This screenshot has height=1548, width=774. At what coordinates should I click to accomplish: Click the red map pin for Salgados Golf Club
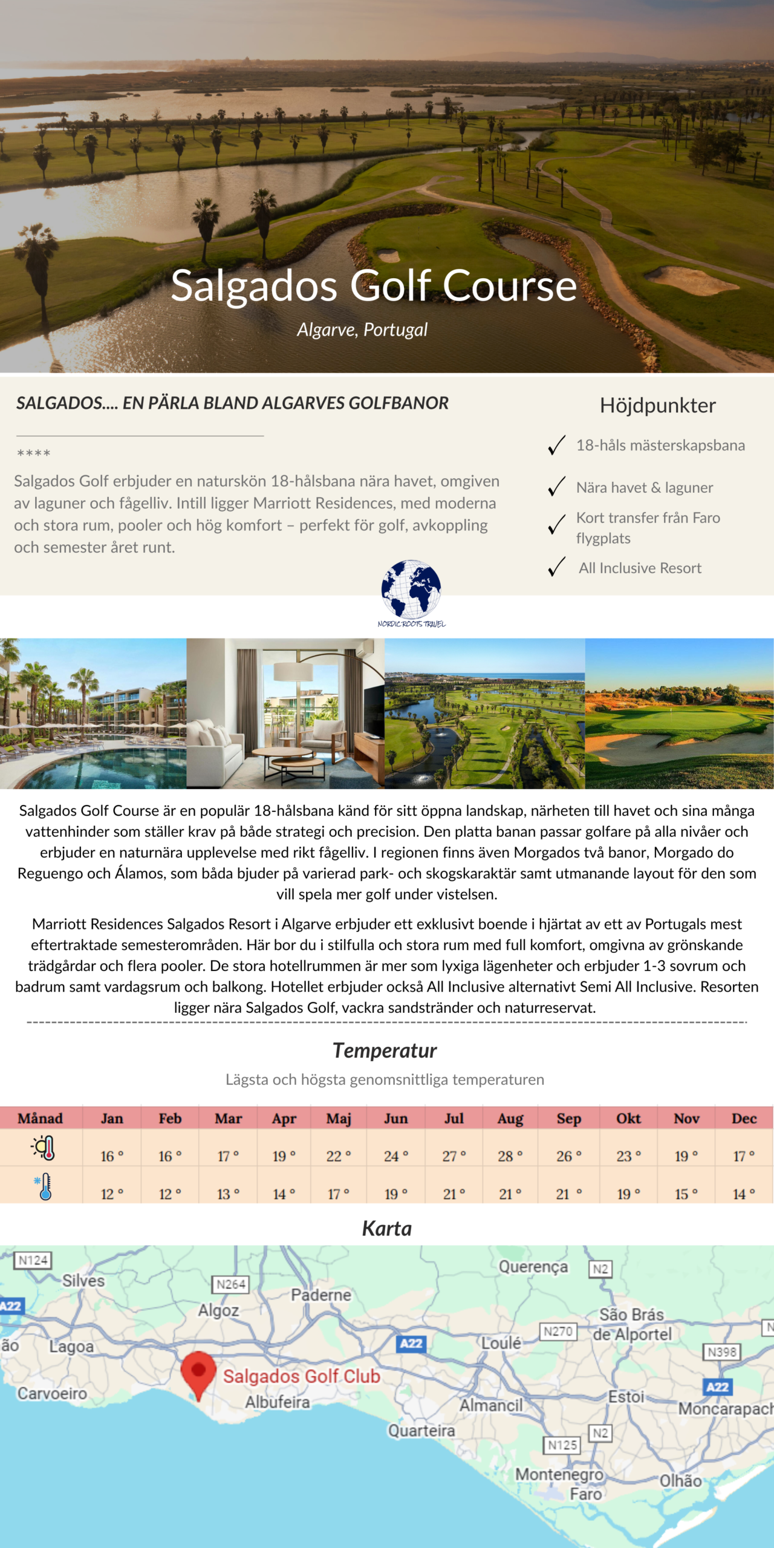tap(198, 1373)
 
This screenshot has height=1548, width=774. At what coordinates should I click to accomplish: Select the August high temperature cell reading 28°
tap(510, 1156)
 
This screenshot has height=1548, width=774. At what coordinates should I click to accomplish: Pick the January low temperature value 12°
tap(111, 1194)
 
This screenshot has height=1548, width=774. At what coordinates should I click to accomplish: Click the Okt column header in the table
tap(628, 1119)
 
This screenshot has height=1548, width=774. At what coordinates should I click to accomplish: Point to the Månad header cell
tap(40, 1119)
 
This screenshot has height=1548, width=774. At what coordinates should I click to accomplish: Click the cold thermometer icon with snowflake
tap(44, 1187)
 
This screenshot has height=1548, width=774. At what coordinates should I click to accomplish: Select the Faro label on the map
tap(586, 1494)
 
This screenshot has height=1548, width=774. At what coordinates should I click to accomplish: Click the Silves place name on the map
tap(83, 1281)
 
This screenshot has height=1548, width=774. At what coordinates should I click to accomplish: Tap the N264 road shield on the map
tap(231, 1284)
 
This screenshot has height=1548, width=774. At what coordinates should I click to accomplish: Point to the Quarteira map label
tap(421, 1431)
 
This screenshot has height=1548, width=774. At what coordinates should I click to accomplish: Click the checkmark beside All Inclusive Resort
tap(556, 567)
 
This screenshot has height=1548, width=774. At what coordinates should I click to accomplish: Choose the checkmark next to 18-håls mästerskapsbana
tap(556, 445)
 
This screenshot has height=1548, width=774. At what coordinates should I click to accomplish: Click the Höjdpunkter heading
tap(658, 405)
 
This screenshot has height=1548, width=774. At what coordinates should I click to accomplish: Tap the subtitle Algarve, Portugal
tap(362, 330)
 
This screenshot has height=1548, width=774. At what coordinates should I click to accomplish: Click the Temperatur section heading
tap(385, 1051)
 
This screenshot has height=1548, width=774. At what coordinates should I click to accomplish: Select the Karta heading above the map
tap(387, 1229)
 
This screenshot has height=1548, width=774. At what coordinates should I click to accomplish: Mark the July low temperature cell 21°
tap(454, 1194)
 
